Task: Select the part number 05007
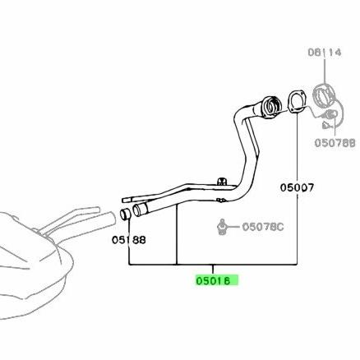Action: coord(297,187)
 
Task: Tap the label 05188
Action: coord(129,240)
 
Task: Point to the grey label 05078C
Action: coord(263,227)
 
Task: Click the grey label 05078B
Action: coord(335,143)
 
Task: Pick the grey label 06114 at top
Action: coord(325,52)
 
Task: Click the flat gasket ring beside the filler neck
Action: coord(297,102)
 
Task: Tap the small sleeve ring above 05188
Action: coord(126,214)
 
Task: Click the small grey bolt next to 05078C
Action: coord(222,227)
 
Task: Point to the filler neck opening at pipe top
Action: coord(271,106)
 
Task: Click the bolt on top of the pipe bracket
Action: coord(221,181)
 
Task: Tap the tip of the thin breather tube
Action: coord(123,200)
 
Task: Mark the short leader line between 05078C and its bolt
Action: coord(233,227)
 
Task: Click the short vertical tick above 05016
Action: coord(213,270)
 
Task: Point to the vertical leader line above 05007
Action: coord(297,147)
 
